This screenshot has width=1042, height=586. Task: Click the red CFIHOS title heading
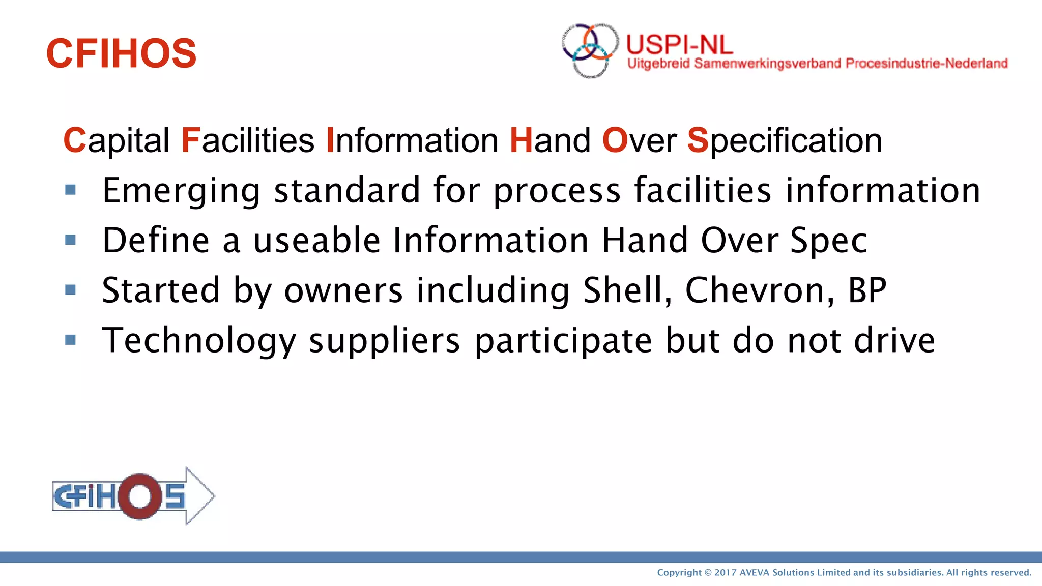pos(121,53)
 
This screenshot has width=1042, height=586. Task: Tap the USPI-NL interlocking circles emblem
pos(590,50)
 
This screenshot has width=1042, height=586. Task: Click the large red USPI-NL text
pos(679,45)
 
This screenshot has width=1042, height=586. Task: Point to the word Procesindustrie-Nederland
pos(927,64)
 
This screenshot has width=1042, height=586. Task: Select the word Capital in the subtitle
pos(117,140)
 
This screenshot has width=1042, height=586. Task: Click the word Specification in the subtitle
pos(785,140)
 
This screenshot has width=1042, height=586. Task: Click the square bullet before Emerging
pos(71,190)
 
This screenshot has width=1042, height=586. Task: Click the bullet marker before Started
pos(71,290)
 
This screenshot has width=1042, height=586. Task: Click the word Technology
pos(199,340)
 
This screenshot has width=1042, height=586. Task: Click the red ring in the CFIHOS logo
pos(139,496)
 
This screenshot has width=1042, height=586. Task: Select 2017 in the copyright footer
pos(725,573)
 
